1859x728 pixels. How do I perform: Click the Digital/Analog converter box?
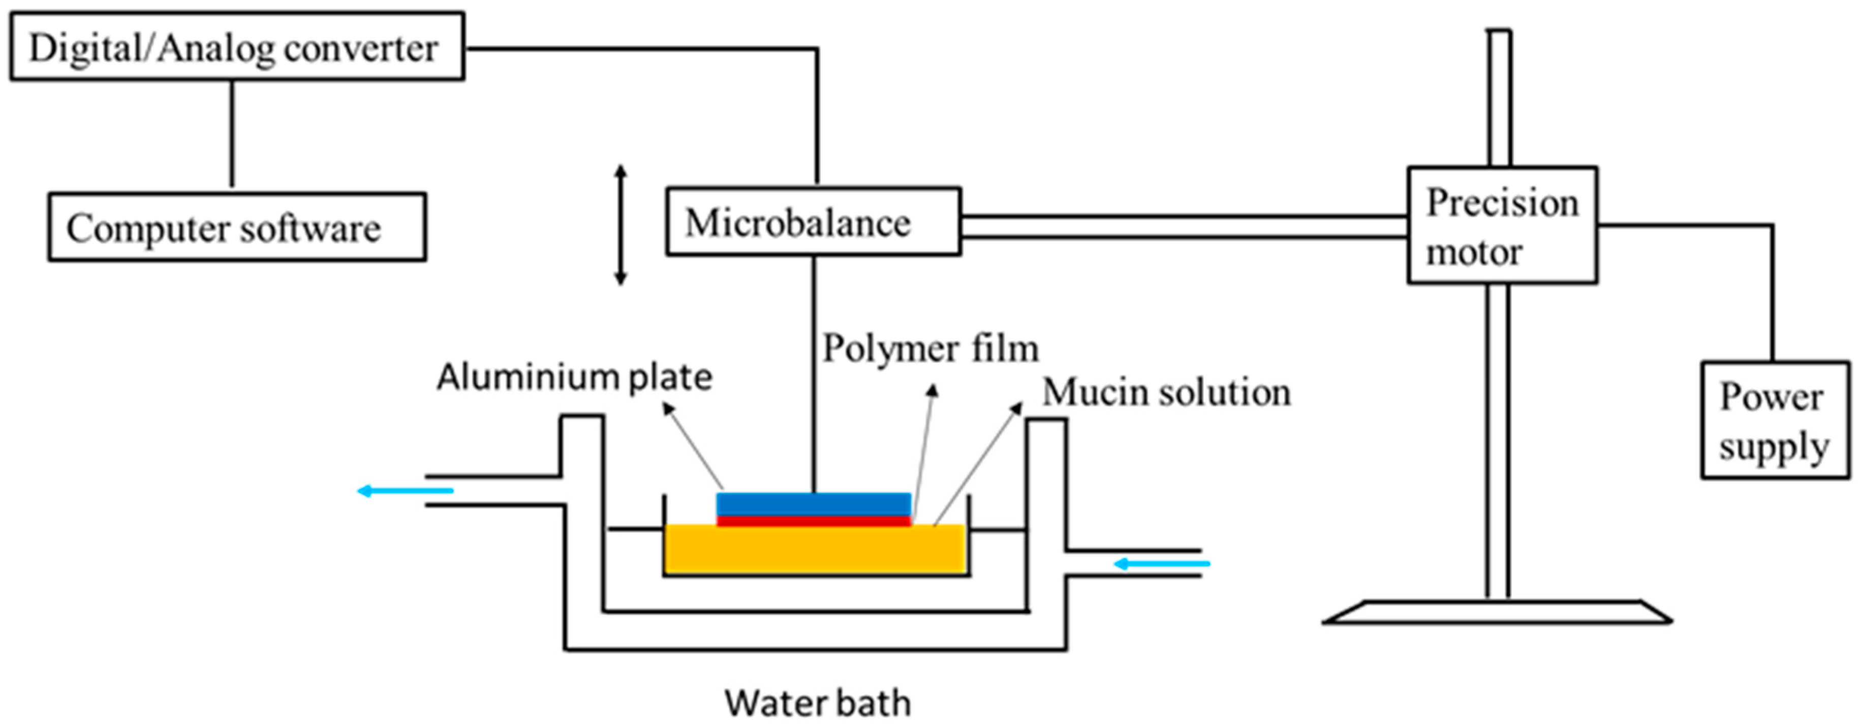click(x=237, y=47)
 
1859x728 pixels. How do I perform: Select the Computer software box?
click(x=237, y=228)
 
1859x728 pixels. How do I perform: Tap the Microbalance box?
click(x=813, y=222)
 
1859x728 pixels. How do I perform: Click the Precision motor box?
click(x=1502, y=225)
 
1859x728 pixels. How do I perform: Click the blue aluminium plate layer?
click(x=813, y=503)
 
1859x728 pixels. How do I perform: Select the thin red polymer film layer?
click(x=813, y=521)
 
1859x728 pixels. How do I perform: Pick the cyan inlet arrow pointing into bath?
click(x=1162, y=563)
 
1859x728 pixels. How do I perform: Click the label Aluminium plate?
click(x=574, y=378)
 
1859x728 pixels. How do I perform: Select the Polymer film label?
click(x=930, y=349)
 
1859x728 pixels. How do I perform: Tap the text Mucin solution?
click(x=1166, y=393)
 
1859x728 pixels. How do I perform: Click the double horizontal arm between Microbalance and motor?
click(x=1184, y=226)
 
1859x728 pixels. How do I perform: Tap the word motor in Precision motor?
click(x=1474, y=253)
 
